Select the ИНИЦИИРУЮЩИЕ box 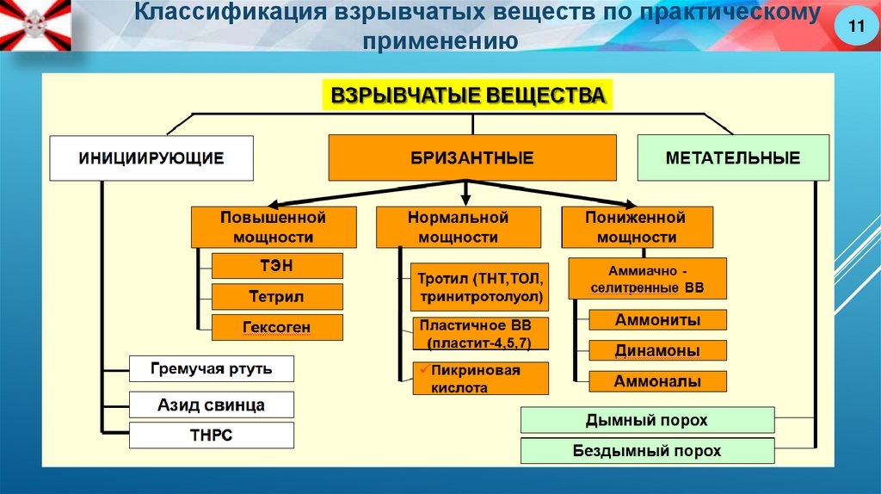(x=151, y=158)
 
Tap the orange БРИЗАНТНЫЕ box (x=472, y=158)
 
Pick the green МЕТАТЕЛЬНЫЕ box (x=733, y=158)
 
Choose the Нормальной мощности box (x=458, y=227)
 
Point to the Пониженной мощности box (x=637, y=227)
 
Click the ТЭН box (x=277, y=266)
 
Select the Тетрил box (x=277, y=297)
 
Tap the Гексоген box (x=277, y=328)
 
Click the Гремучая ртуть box (x=211, y=369)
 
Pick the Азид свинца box (x=211, y=404)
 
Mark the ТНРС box (x=211, y=435)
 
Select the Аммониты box (x=657, y=320)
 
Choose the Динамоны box (x=657, y=350)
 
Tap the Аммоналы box (x=657, y=381)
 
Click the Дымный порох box (x=647, y=421)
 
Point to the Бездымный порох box (x=647, y=451)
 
